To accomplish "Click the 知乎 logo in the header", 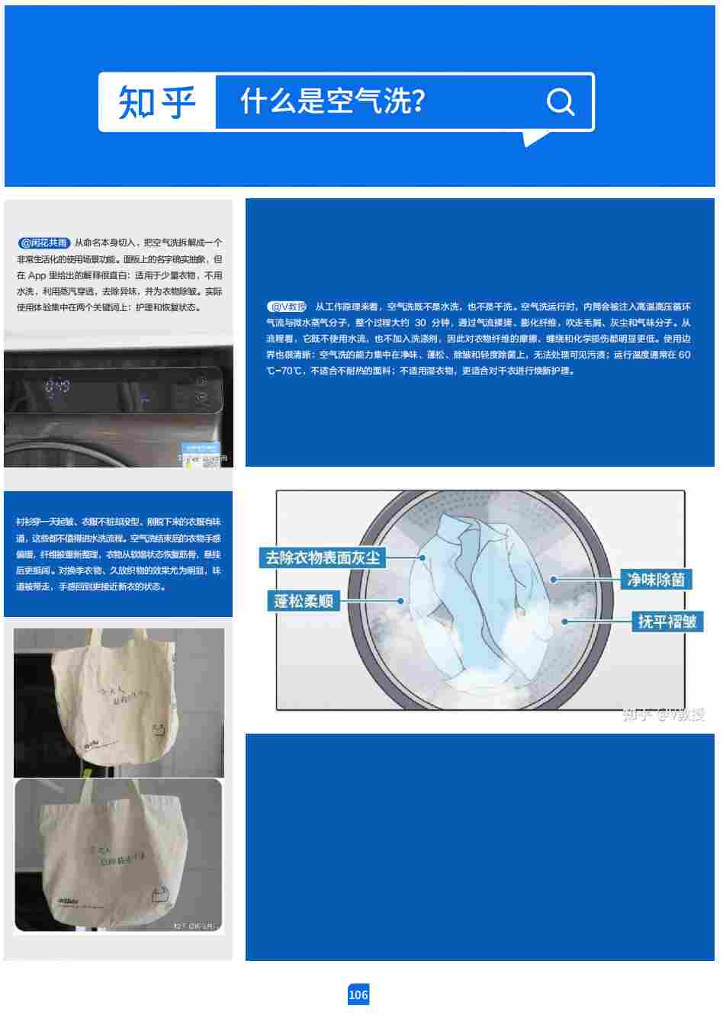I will click(x=157, y=102).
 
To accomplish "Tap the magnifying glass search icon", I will click(x=561, y=101).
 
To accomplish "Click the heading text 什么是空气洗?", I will click(x=333, y=101).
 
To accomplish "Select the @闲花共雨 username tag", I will click(x=44, y=243).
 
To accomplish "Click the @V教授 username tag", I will click(x=288, y=307).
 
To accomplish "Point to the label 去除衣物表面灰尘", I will click(x=323, y=557).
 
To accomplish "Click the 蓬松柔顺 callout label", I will click(x=304, y=601).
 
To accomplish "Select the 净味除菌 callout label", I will click(x=655, y=580).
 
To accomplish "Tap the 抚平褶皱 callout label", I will click(x=667, y=622).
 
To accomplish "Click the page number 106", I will click(x=358, y=994).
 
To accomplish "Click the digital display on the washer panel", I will click(x=57, y=387).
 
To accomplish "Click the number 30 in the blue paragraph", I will click(x=420, y=323).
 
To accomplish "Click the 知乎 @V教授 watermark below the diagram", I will click(x=663, y=715).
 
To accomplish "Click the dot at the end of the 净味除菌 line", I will click(x=554, y=580).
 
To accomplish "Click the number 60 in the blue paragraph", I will click(x=684, y=355).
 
